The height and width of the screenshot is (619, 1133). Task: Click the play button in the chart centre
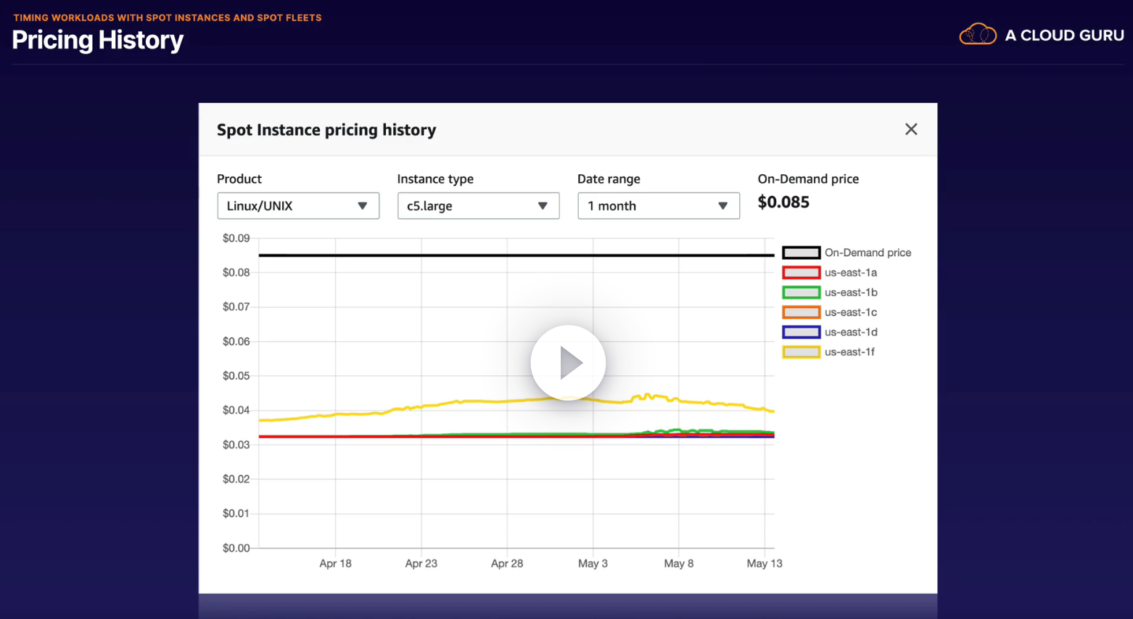click(568, 363)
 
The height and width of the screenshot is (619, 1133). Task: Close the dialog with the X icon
click(911, 129)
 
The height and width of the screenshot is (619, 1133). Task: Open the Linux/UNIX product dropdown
click(298, 206)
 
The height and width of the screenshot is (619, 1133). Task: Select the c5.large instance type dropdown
click(478, 206)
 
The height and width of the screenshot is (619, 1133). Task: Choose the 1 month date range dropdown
click(658, 206)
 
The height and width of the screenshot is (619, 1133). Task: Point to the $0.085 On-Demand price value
click(783, 202)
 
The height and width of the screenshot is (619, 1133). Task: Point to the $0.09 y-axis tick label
click(236, 238)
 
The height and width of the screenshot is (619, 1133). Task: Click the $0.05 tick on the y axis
click(236, 376)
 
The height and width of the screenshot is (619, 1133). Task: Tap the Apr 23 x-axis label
click(421, 563)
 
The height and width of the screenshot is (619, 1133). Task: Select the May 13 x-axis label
click(765, 563)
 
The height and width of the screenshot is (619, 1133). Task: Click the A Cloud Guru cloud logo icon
click(977, 34)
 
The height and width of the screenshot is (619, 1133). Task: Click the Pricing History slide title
click(98, 40)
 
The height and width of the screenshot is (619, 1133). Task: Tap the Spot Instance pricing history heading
click(326, 130)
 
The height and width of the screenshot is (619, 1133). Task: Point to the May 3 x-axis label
click(593, 563)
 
